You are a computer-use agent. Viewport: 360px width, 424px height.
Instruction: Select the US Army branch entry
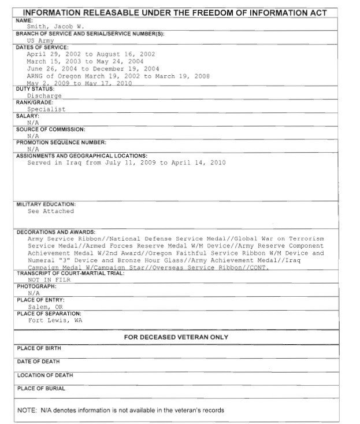coord(40,41)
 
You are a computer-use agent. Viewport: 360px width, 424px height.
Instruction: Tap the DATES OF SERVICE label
coord(42,47)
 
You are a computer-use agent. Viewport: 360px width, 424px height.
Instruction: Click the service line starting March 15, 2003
coord(85,61)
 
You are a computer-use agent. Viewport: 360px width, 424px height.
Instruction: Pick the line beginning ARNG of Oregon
coord(118,76)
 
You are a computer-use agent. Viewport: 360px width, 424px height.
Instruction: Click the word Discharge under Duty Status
coord(44,96)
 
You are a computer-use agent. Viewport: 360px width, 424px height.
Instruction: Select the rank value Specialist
coord(46,109)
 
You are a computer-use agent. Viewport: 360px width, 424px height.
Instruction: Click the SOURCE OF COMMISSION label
coord(50,129)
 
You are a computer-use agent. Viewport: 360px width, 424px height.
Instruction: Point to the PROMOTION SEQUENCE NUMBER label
coord(61,142)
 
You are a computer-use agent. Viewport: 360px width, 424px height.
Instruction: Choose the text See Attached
coord(51,212)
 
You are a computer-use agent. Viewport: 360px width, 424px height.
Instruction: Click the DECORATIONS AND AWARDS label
coord(56,232)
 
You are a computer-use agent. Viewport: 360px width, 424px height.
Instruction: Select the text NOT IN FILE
coord(49,280)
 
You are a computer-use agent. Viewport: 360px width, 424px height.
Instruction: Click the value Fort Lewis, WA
coord(55,320)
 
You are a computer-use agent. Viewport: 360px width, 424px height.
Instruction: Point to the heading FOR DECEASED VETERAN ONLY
coord(176,337)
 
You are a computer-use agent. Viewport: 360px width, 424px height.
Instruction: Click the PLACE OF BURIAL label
coord(41,389)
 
